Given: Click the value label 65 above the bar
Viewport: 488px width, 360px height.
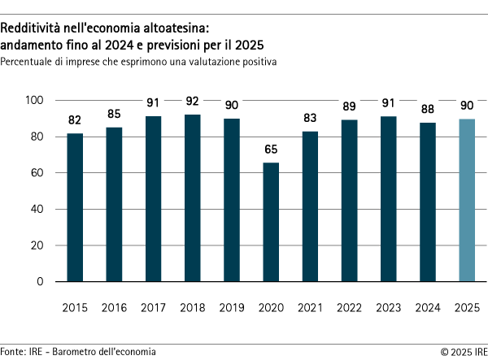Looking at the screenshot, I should pyautogui.click(x=271, y=150).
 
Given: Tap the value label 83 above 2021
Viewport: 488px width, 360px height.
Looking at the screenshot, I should pyautogui.click(x=310, y=118).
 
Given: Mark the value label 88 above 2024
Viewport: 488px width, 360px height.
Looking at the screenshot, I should pyautogui.click(x=427, y=109).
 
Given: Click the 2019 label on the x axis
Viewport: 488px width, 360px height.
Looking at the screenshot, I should pyautogui.click(x=231, y=309).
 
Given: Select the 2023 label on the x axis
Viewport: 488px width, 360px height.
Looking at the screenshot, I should pyautogui.click(x=388, y=309).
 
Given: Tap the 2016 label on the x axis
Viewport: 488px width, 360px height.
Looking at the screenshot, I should pyautogui.click(x=114, y=309).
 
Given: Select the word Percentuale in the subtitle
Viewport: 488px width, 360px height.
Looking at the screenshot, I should pyautogui.click(x=27, y=62).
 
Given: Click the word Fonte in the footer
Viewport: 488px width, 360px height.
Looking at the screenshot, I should pyautogui.click(x=12, y=351).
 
